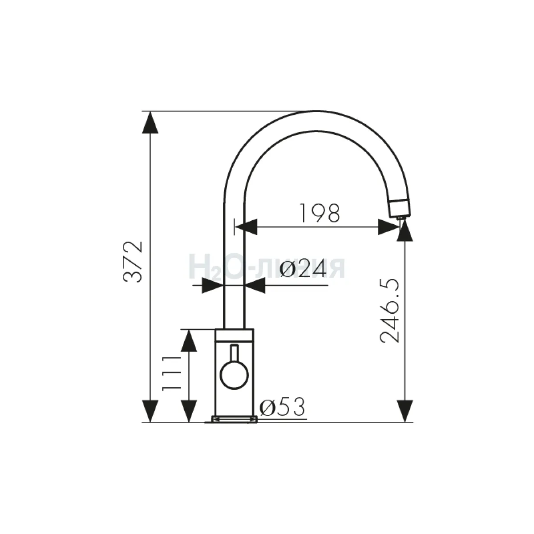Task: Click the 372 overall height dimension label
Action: click(x=133, y=262)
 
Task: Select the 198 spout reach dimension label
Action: click(x=320, y=213)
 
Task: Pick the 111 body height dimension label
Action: click(x=171, y=374)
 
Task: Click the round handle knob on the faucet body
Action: click(x=234, y=375)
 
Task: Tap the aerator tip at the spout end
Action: click(x=400, y=218)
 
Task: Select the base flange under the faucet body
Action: click(x=234, y=420)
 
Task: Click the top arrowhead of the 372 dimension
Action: click(x=150, y=122)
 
